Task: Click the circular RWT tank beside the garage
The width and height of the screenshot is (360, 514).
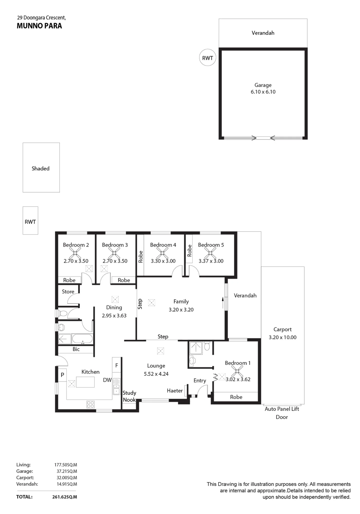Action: [207, 58]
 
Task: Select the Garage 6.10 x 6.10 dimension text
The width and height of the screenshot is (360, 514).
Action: [263, 92]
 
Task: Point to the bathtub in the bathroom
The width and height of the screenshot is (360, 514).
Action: [82, 339]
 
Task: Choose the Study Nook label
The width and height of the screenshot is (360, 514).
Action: [129, 396]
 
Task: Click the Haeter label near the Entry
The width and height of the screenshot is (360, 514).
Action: [175, 391]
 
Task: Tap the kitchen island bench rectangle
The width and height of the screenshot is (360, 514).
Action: [85, 382]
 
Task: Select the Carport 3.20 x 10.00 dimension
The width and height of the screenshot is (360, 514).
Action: [283, 337]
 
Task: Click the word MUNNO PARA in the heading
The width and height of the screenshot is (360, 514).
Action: [39, 26]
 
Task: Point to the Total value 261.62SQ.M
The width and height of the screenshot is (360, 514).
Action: [64, 497]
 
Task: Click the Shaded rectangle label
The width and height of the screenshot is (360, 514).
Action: [41, 169]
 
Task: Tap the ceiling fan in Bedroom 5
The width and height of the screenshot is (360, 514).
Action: [210, 253]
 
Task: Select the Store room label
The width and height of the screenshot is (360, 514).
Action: [68, 291]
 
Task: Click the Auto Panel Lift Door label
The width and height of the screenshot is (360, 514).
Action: [282, 413]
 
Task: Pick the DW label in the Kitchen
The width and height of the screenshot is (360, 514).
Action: [107, 380]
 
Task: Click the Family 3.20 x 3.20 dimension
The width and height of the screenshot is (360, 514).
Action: [181, 310]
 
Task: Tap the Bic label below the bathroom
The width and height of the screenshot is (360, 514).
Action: [76, 349]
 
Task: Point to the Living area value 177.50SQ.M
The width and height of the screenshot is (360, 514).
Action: [66, 465]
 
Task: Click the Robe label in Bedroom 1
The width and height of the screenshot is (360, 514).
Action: [236, 397]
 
